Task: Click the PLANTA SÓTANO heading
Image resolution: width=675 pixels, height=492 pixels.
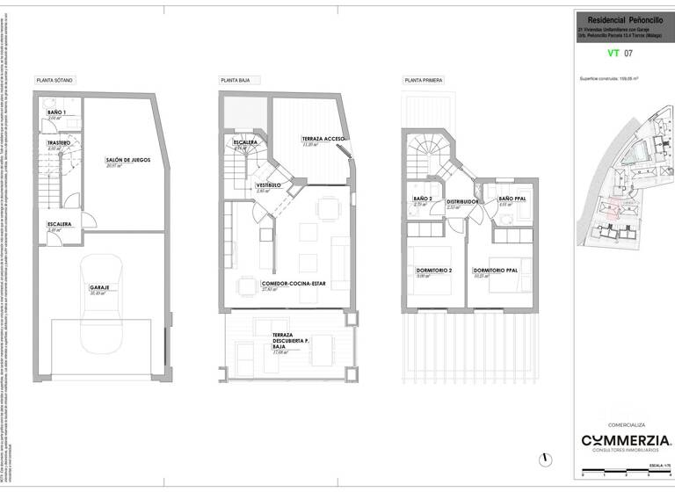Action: tap(54, 80)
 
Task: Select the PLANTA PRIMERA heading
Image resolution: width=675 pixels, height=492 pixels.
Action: tap(424, 80)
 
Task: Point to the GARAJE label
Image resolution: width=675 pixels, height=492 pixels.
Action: tap(99, 288)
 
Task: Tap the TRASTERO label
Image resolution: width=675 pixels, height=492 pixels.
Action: tap(59, 143)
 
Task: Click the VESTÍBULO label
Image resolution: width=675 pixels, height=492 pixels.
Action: tap(268, 185)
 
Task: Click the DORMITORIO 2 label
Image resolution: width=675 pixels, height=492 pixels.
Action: tap(433, 270)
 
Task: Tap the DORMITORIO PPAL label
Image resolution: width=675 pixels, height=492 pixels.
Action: tap(496, 270)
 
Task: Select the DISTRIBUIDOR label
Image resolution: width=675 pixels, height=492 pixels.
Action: tap(461, 201)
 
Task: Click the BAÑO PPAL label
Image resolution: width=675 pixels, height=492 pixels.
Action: tap(512, 199)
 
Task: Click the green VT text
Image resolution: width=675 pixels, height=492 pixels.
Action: tap(613, 54)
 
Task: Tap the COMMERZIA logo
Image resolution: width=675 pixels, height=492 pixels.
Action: tap(626, 440)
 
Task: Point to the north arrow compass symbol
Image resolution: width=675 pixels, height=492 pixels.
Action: tap(546, 458)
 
